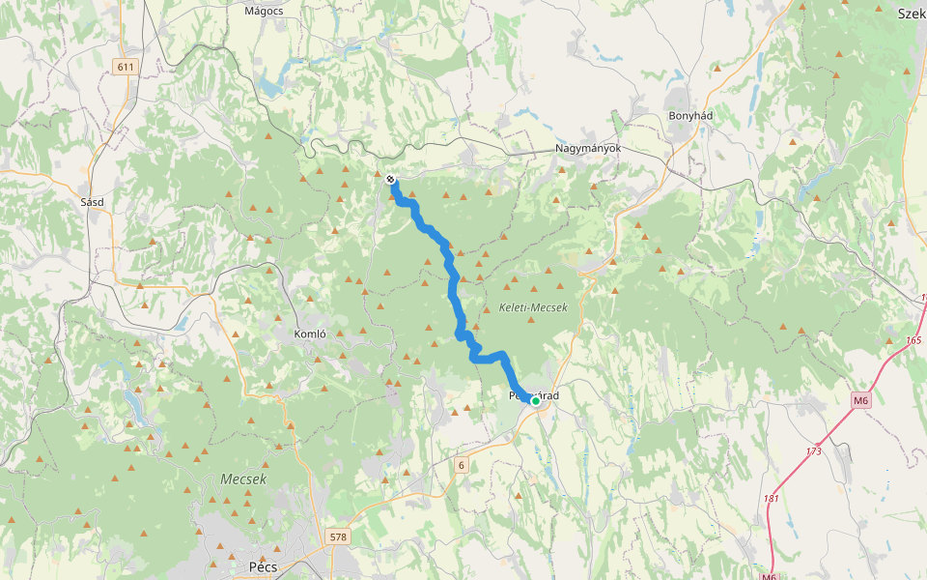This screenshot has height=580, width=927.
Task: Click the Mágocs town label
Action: point(264,12)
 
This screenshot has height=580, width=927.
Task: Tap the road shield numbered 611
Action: point(125,67)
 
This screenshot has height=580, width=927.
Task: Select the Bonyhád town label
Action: point(690,115)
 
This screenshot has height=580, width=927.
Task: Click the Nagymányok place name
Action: point(587,149)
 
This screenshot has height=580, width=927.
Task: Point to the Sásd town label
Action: point(93,202)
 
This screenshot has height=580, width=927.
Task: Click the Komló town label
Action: point(310,333)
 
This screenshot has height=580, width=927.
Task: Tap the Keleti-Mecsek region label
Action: point(533,307)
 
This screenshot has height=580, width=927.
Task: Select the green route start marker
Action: point(535,400)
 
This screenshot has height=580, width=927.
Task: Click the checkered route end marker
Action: point(390,179)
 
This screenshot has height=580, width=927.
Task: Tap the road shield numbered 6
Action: point(462,465)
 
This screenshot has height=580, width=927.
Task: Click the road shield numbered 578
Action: point(337,536)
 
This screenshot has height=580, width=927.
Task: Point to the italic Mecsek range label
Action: point(243,478)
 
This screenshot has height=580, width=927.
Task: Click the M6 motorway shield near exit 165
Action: point(861,400)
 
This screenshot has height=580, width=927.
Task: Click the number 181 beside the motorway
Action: point(771,499)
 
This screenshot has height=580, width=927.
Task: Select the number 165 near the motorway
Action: point(913,341)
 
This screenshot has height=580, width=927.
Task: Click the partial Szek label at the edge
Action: point(911,14)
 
